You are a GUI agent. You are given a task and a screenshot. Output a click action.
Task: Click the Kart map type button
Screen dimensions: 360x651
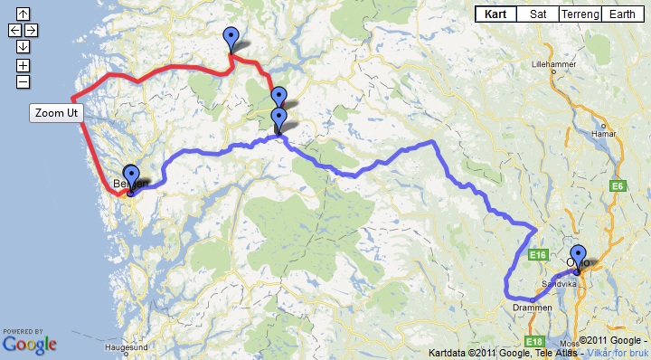(x=495, y=14)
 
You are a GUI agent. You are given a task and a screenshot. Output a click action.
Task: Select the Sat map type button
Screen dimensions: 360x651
(x=538, y=14)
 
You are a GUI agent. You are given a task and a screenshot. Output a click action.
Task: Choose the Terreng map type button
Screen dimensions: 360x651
(x=580, y=14)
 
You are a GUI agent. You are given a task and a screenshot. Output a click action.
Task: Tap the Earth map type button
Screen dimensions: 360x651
(x=622, y=14)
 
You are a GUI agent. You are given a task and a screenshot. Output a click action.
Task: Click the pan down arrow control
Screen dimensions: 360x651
(x=23, y=47)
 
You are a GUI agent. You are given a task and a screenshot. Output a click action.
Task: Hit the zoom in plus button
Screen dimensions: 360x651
(x=23, y=65)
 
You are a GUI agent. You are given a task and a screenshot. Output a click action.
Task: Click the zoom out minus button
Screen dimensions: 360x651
(x=23, y=81)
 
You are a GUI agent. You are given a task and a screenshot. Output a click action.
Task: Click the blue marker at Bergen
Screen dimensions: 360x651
(x=131, y=176)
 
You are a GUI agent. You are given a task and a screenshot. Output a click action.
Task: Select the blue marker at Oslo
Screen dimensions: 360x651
(x=579, y=256)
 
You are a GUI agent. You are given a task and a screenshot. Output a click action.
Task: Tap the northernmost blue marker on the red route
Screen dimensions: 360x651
(x=231, y=39)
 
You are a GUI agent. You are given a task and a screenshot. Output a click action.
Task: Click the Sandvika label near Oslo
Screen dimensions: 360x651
(x=559, y=283)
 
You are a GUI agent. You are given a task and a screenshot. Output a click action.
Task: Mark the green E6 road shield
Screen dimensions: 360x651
(x=618, y=186)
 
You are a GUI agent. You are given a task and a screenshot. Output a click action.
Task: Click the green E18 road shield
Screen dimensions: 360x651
(x=534, y=342)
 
